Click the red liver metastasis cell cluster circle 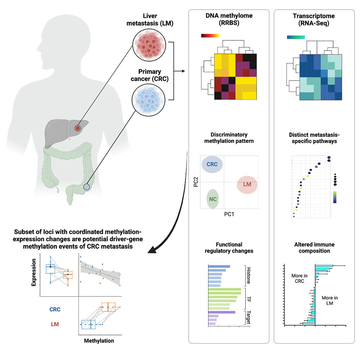pyautogui.click(x=149, y=45)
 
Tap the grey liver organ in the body pyautogui.click(x=65, y=132)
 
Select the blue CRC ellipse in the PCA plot pyautogui.click(x=212, y=164)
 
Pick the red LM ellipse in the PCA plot pyautogui.click(x=247, y=185)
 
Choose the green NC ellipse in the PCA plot pyautogui.click(x=213, y=199)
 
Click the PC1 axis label pyautogui.click(x=229, y=214)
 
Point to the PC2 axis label pyautogui.click(x=196, y=182)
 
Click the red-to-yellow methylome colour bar pyautogui.click(x=210, y=35)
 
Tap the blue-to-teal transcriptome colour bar pyautogui.click(x=296, y=37)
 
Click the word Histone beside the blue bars pyautogui.click(x=248, y=275)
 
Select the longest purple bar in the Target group pyautogui.click(x=222, y=312)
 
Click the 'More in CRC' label pyautogui.click(x=299, y=278)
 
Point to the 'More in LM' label pyautogui.click(x=330, y=300)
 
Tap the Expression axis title pyautogui.click(x=34, y=273)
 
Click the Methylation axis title pyautogui.click(x=99, y=341)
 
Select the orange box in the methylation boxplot pyautogui.click(x=108, y=307)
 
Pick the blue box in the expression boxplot pyautogui.click(x=50, y=269)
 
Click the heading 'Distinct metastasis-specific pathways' pyautogui.click(x=314, y=138)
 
